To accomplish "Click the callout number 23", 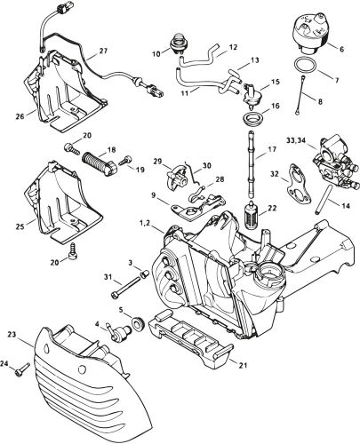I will [12, 334].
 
